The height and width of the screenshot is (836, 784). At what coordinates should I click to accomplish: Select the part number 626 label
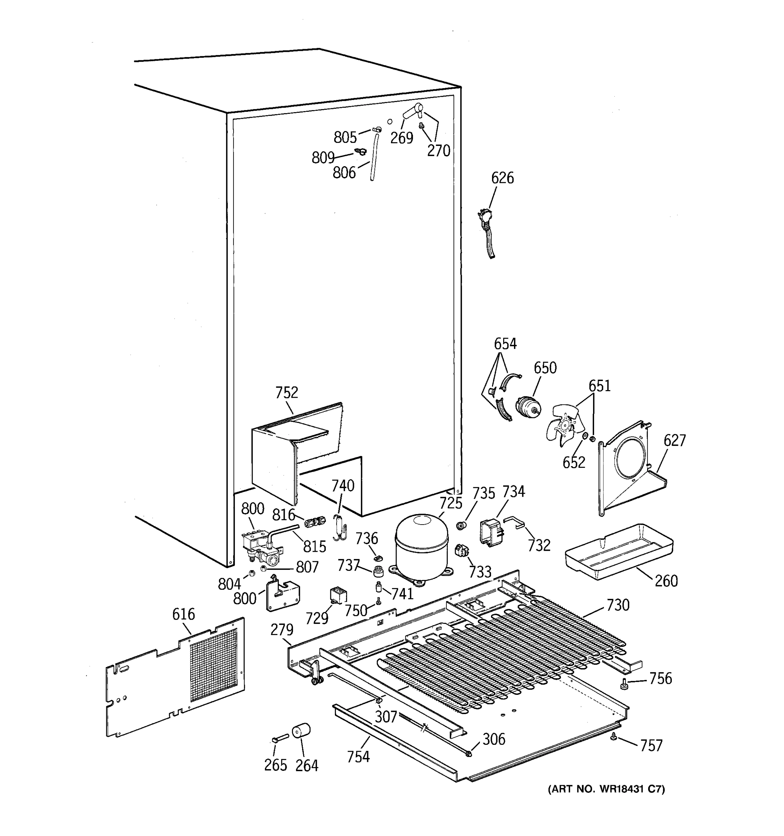coord(502,178)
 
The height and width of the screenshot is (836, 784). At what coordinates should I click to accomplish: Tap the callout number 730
coord(617,605)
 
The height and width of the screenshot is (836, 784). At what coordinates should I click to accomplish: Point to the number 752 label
coord(286,393)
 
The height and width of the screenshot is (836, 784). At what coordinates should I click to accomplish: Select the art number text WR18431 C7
coord(606,789)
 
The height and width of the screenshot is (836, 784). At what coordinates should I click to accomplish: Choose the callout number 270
coord(438,150)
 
